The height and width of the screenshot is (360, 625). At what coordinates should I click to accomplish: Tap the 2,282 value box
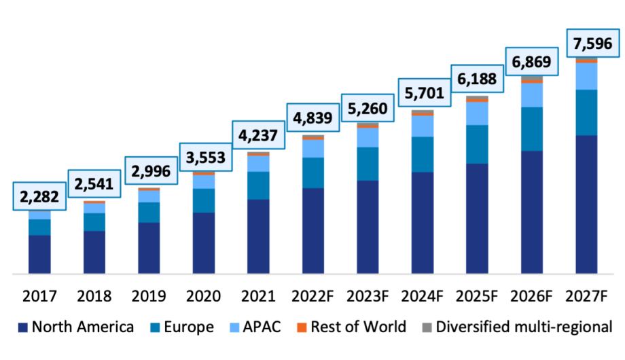(39, 196)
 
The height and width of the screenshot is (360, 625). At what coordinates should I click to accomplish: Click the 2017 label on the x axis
(39, 296)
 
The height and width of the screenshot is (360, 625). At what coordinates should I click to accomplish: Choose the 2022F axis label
(313, 296)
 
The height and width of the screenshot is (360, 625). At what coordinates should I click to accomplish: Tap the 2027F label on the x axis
(586, 296)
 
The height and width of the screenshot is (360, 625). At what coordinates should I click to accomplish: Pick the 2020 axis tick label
(204, 296)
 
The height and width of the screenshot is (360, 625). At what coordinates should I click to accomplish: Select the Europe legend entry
(181, 327)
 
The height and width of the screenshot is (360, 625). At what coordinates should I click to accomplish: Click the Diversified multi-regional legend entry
(517, 327)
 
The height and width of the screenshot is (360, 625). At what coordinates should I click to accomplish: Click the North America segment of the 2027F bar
(586, 204)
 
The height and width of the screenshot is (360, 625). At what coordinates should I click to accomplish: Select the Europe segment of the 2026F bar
(532, 129)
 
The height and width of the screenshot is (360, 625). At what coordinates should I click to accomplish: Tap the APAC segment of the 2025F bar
(478, 113)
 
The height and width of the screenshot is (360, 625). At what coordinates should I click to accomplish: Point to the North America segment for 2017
(39, 254)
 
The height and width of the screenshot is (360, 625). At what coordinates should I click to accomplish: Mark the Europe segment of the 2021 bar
(259, 185)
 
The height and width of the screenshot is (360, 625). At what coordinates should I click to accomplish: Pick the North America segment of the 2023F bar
(368, 227)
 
